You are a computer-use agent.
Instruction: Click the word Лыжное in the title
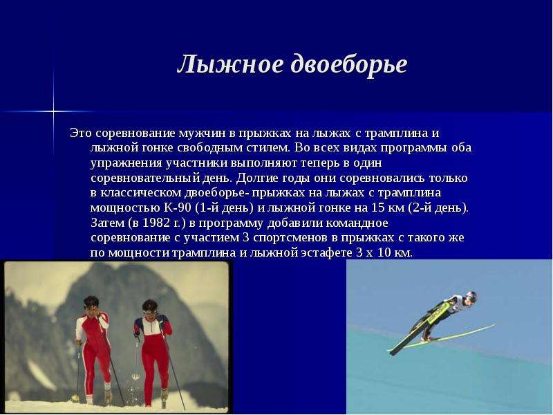[x=230, y=64]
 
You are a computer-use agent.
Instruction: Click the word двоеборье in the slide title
[x=349, y=65]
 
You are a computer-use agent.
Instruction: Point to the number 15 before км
[x=377, y=207]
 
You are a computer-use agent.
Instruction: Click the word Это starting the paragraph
[x=81, y=133]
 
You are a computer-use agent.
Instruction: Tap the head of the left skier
[x=91, y=304]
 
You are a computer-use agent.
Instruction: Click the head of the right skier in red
[x=150, y=308]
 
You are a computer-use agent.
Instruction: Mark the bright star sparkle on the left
[x=54, y=111]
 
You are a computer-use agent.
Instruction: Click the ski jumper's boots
[x=427, y=338]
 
